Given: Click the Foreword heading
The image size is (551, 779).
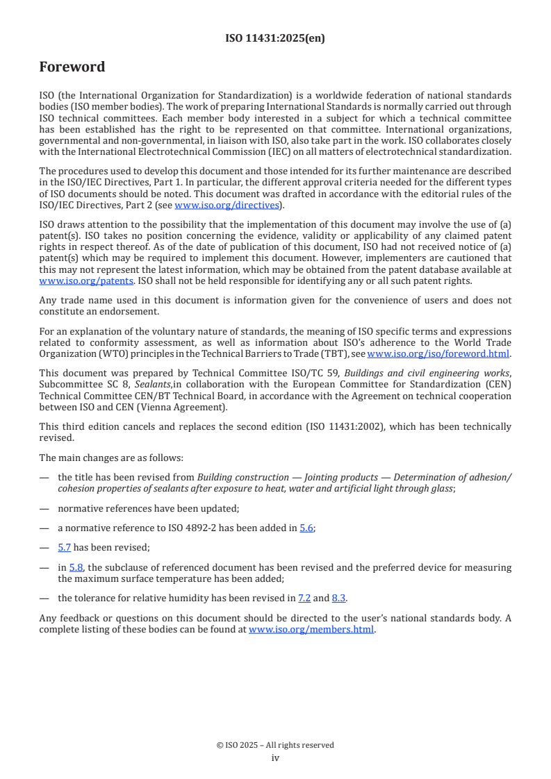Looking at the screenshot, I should [x=72, y=67].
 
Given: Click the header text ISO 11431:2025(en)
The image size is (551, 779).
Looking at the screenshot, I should [x=275, y=39].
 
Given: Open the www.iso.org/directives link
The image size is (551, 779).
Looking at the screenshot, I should [x=229, y=206].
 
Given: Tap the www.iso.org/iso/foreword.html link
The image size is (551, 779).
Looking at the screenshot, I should [x=438, y=353].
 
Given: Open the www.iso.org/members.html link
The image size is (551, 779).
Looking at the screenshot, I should [x=311, y=630].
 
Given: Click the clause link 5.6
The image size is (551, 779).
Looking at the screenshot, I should [x=306, y=528].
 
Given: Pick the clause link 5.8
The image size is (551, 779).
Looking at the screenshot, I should [x=76, y=567].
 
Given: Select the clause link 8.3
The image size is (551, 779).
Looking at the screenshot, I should [x=339, y=597].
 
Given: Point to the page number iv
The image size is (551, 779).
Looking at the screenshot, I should [x=275, y=758].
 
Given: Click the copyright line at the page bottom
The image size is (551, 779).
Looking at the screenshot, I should [x=275, y=745].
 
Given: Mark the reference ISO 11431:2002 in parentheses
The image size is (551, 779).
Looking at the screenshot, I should [x=331, y=426].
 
